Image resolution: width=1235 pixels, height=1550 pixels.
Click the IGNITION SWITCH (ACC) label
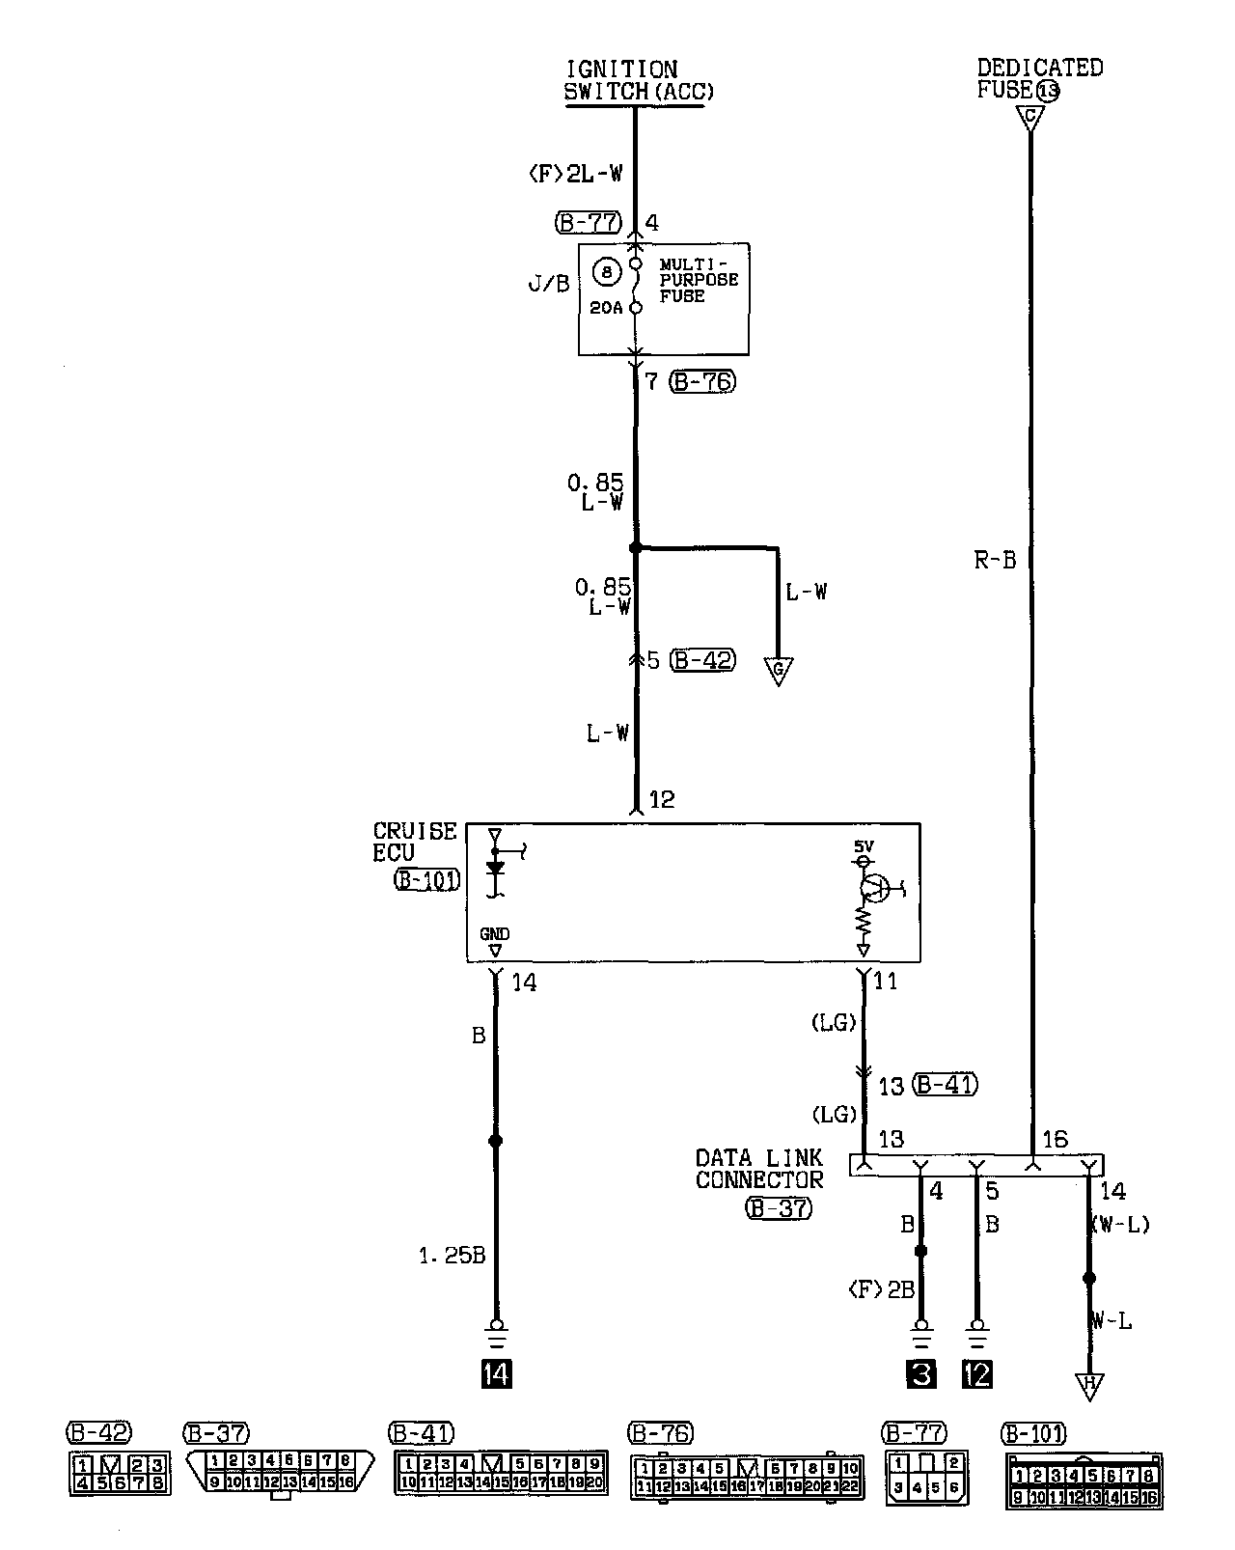[x=638, y=81]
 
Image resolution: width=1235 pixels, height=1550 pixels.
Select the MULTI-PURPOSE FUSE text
[x=699, y=280]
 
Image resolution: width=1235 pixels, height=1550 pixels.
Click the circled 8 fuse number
[x=606, y=273]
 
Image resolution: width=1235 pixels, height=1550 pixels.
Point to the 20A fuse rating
[x=606, y=309]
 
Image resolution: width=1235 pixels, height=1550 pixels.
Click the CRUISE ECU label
[x=414, y=842]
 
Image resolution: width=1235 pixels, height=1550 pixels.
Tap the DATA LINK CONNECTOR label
[x=759, y=1168]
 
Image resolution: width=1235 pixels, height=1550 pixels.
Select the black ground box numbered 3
[x=921, y=1373]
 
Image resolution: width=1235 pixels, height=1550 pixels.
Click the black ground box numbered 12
[x=977, y=1373]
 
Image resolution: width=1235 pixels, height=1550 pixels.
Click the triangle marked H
[x=1090, y=1387]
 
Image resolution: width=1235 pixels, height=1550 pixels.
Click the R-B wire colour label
[x=995, y=561]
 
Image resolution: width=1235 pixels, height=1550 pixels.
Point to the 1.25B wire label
[x=452, y=1256]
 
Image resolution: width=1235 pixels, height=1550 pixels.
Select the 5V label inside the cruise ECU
[x=864, y=846]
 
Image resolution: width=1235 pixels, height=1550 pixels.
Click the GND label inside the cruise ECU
[x=494, y=934]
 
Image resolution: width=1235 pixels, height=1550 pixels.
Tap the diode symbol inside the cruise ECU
[x=496, y=868]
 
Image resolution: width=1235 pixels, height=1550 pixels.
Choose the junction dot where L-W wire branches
[x=635, y=548]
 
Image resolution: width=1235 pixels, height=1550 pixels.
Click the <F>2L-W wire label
[x=575, y=174]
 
